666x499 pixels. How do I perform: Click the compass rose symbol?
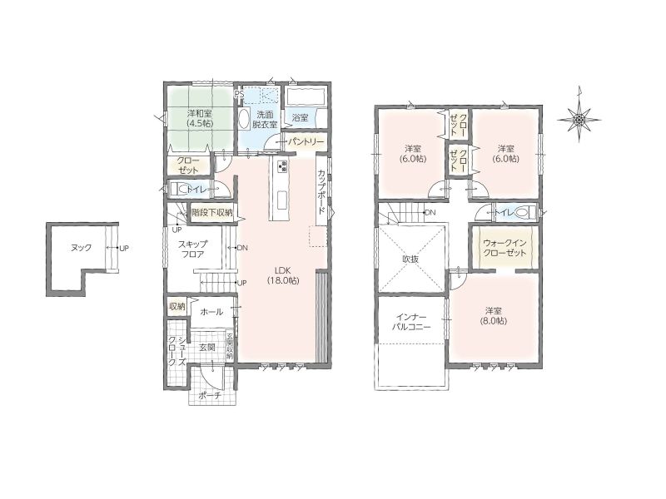579,120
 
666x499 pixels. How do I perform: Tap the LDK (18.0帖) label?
283,275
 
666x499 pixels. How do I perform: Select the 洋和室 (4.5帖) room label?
200,118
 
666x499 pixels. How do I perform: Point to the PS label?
239,94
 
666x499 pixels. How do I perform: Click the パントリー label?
306,141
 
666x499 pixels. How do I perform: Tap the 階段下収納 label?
212,212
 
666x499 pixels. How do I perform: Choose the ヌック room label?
81,248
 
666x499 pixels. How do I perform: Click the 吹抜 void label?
410,259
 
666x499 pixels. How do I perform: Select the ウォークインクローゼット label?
504,248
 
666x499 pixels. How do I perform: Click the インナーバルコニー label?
410,322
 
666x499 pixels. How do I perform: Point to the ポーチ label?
211,396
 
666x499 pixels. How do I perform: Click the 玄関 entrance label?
207,348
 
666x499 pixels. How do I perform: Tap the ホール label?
211,312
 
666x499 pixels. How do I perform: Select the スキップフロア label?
192,249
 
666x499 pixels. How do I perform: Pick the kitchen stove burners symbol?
282,166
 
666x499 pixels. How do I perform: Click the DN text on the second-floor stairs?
430,212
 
